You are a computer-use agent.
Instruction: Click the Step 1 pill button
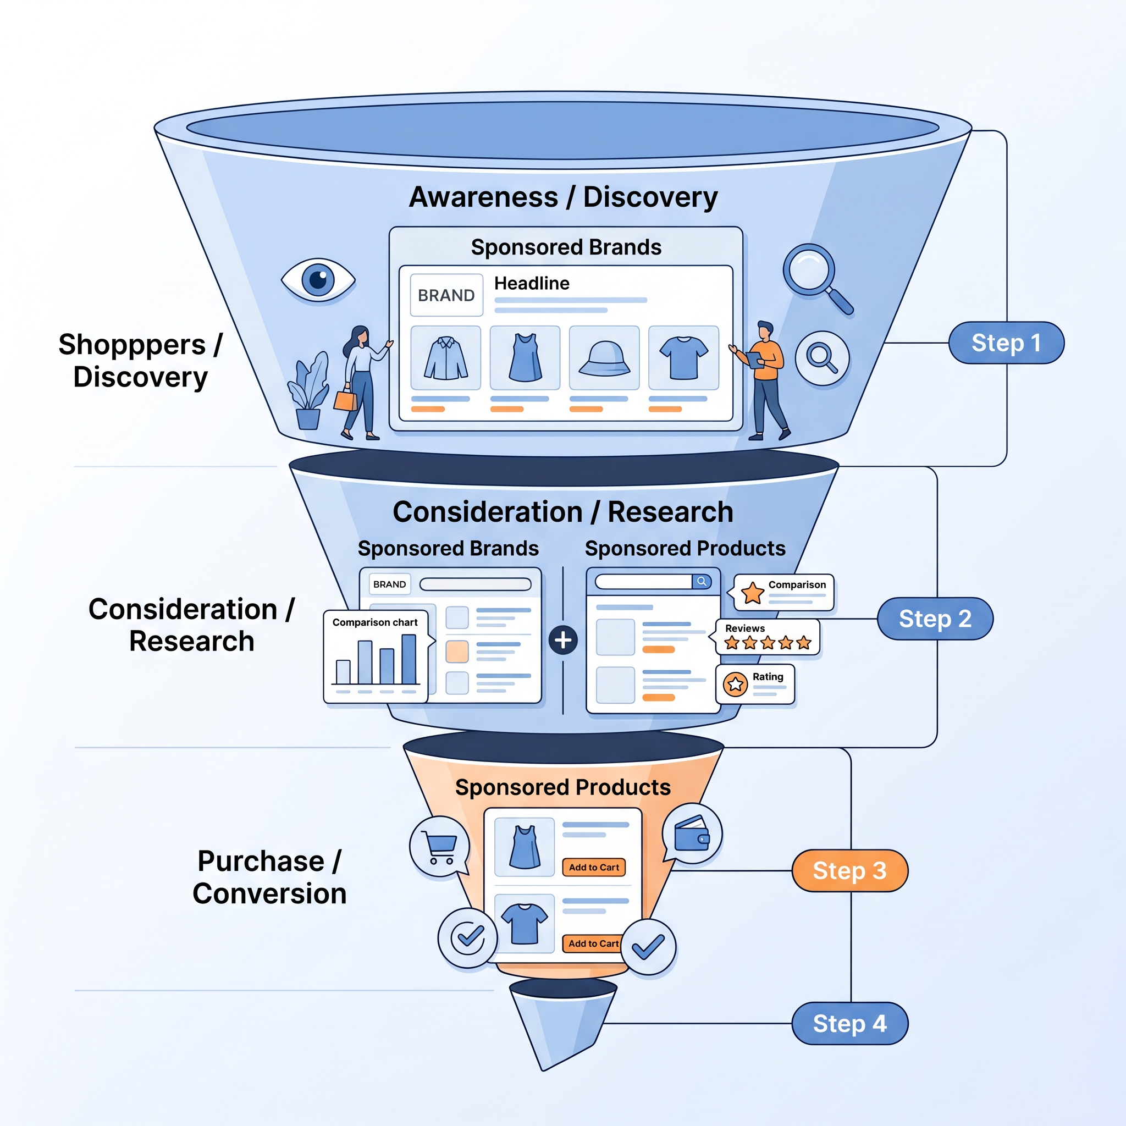point(1006,343)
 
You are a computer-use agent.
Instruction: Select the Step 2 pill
point(935,619)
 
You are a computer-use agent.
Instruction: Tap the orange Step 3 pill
point(849,871)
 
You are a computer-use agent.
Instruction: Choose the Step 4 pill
point(849,1023)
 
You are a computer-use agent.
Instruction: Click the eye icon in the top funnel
point(318,280)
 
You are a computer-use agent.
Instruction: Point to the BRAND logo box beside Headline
point(446,295)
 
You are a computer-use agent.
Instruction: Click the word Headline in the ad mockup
point(532,283)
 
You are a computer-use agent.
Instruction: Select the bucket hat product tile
point(604,358)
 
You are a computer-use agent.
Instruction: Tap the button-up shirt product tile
point(446,358)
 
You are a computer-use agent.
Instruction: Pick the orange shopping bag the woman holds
point(345,400)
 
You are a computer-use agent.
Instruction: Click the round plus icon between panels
point(563,640)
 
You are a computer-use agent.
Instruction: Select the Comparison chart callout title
point(375,622)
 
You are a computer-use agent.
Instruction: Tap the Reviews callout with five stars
point(767,637)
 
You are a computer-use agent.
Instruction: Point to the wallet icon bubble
point(692,834)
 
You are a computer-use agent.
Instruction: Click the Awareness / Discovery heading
point(563,197)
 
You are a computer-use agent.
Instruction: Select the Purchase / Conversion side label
point(269,877)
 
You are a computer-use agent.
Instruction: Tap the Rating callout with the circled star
point(755,683)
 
